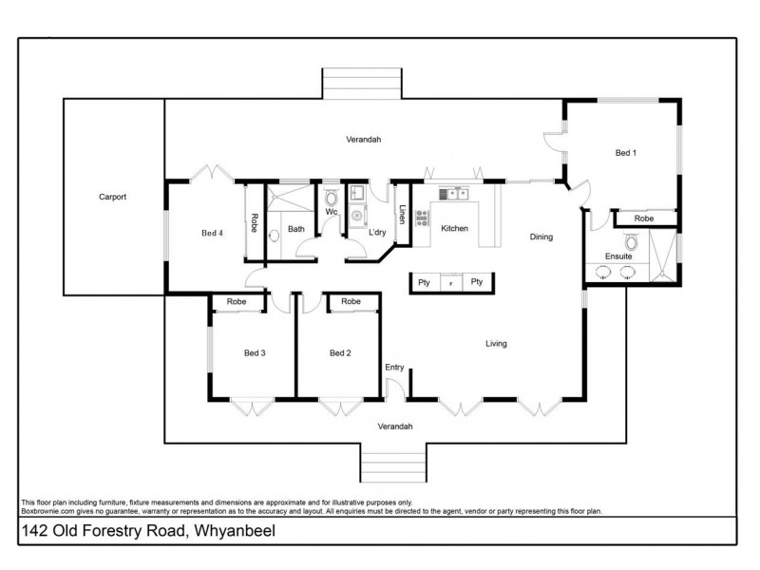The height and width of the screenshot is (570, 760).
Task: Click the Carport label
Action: (112, 198)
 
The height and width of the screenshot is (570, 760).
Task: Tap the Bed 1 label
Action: (625, 152)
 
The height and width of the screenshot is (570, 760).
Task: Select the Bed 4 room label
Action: (212, 231)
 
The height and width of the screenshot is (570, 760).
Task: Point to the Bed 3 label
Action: (255, 352)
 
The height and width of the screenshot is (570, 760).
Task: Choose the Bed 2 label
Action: (340, 352)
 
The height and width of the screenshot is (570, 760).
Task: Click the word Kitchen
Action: (454, 229)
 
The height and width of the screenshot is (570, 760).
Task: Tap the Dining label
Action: (541, 237)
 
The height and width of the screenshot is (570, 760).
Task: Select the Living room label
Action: (497, 344)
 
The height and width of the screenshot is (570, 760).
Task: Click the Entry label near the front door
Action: (394, 367)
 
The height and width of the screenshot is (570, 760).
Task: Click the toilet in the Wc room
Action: (331, 199)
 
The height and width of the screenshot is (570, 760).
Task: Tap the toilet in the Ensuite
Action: (631, 243)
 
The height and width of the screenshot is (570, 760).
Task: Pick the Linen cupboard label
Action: (402, 216)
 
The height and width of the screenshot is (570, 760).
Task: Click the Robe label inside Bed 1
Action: (644, 218)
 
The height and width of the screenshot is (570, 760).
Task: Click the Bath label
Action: (296, 229)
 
